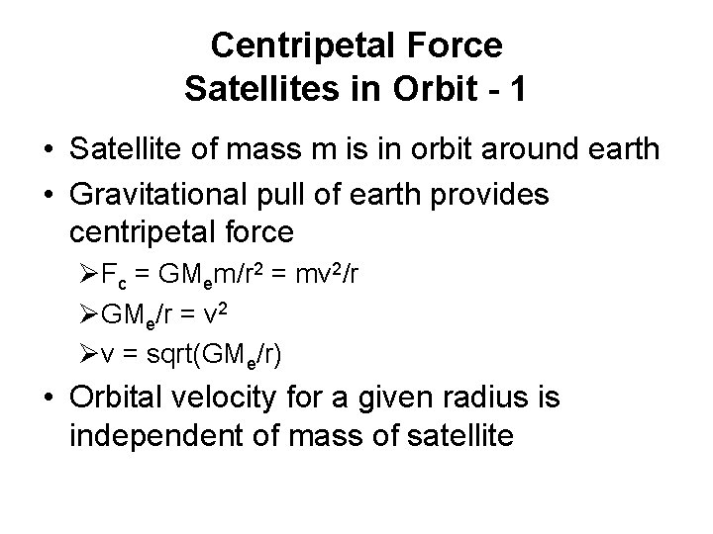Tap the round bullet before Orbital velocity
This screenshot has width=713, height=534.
click(49, 400)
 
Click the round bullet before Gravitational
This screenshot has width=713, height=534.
click(49, 195)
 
